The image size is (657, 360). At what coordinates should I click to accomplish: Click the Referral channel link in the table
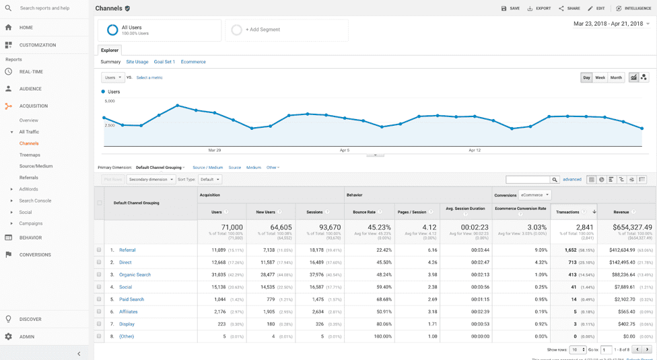[x=127, y=250]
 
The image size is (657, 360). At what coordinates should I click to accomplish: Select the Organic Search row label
[x=135, y=275]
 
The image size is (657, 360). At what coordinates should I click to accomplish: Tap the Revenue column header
[x=621, y=212]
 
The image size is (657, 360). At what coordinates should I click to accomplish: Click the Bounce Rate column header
[x=364, y=212]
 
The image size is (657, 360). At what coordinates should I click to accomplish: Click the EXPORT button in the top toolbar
[x=539, y=9]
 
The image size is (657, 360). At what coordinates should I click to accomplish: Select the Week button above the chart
[x=600, y=77]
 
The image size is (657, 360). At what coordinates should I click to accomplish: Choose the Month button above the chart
[x=616, y=77]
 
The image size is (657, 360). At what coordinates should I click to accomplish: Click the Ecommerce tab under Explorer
[x=193, y=62]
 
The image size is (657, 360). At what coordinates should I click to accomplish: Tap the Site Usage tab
[x=137, y=62]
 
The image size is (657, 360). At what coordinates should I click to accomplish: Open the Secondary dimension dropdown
[x=150, y=180]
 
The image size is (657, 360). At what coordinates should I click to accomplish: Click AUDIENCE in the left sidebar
[x=30, y=89]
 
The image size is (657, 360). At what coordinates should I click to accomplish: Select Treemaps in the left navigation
[x=30, y=155]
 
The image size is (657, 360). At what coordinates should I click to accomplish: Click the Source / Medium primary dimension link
[x=207, y=168]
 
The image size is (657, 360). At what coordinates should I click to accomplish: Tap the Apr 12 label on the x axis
[x=475, y=150]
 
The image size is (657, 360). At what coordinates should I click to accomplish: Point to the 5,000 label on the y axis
[x=109, y=101]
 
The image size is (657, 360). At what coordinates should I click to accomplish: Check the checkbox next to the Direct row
[x=99, y=262]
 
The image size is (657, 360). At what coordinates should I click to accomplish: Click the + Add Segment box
[x=286, y=30]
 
